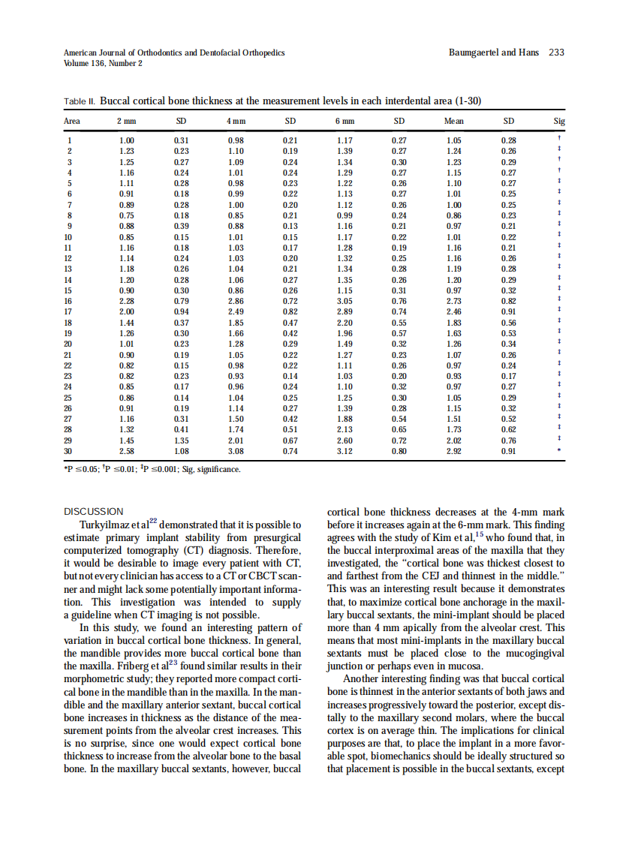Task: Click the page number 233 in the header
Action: click(x=556, y=53)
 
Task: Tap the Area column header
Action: click(x=72, y=121)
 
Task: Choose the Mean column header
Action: click(x=453, y=121)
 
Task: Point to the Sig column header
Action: click(x=559, y=121)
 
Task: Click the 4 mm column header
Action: click(x=236, y=121)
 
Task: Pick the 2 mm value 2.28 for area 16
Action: click(x=127, y=300)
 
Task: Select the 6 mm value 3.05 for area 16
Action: click(x=345, y=300)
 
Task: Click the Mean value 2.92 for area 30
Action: click(x=453, y=452)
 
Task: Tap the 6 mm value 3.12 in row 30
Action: click(x=345, y=452)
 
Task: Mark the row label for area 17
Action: click(x=68, y=311)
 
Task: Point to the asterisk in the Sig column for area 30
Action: click(x=559, y=452)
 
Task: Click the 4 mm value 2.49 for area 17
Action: click(x=236, y=311)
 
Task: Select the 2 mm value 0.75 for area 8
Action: click(x=127, y=214)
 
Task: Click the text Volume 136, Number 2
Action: click(x=104, y=63)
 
